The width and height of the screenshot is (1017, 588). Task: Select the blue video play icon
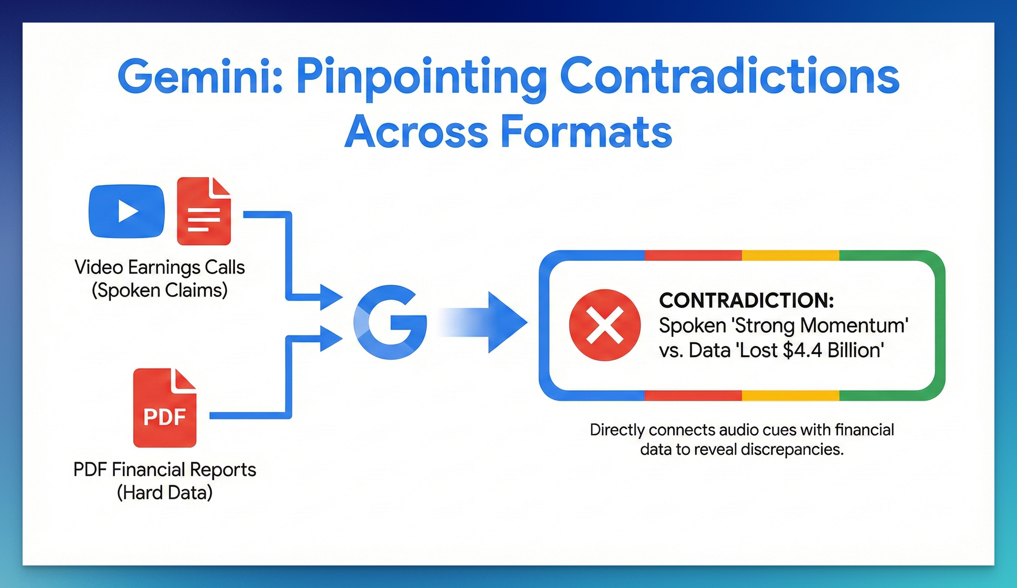point(127,211)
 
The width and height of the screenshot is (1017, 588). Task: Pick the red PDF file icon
point(165,408)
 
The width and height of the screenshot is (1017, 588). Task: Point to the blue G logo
point(391,322)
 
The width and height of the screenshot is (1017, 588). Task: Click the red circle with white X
point(605,325)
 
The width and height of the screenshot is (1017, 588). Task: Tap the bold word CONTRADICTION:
point(746,300)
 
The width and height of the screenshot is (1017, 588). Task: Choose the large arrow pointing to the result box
point(483,322)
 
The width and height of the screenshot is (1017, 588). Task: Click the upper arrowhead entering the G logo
point(331,297)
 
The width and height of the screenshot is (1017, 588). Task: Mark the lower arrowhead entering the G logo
point(331,338)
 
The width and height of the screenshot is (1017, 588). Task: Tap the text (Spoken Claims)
point(160,290)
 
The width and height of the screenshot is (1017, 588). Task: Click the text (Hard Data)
point(165,492)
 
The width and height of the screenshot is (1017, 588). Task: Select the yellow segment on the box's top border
point(791,255)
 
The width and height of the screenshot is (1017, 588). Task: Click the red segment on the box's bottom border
point(693,395)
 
